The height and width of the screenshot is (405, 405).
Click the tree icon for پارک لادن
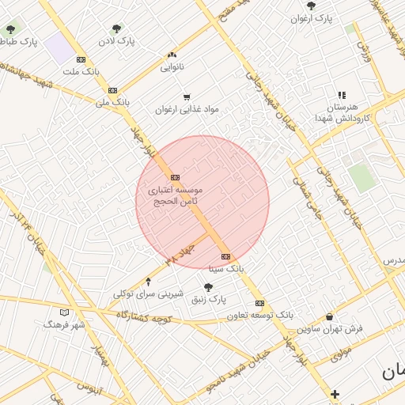pyautogui.click(x=117, y=28)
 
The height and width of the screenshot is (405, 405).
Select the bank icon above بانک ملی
pyautogui.click(x=112, y=90)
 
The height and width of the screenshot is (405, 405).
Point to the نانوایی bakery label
pyautogui.click(x=172, y=67)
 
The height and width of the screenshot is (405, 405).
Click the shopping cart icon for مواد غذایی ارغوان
pyautogui.click(x=187, y=98)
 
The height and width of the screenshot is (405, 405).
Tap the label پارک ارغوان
pyautogui.click(x=310, y=17)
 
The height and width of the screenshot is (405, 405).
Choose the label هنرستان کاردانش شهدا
pyautogui.click(x=339, y=112)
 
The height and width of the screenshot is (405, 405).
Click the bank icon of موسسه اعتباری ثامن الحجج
pyautogui.click(x=175, y=177)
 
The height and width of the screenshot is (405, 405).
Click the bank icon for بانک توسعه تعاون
pyautogui.click(x=259, y=303)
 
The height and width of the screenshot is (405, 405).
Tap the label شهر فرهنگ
pyautogui.click(x=64, y=324)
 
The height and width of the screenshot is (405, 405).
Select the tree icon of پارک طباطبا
pyautogui.click(x=10, y=30)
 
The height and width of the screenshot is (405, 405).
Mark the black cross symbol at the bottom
pyautogui.click(x=335, y=394)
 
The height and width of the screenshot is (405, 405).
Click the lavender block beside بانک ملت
pyautogui.click(x=58, y=49)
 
